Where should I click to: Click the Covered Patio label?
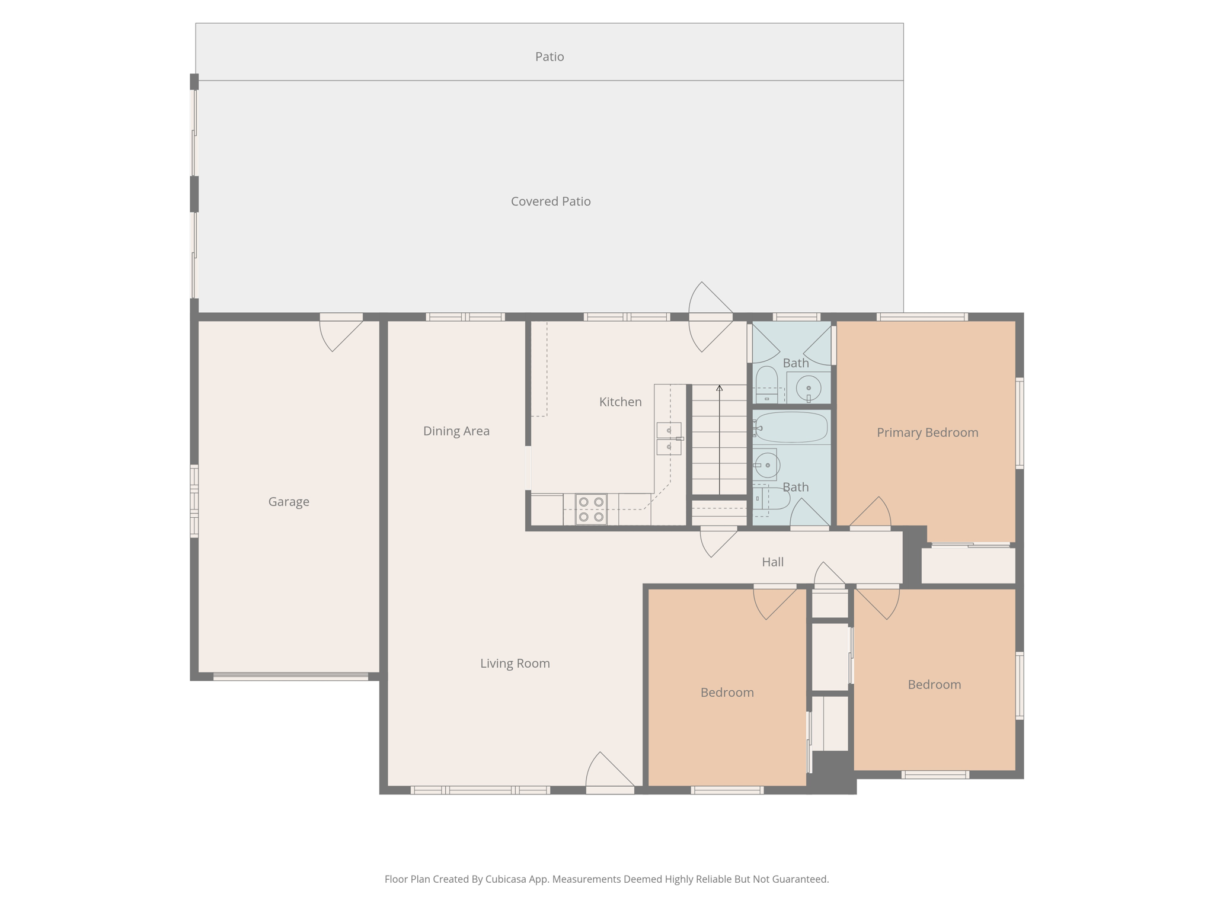point(551,201)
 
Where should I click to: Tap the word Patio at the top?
point(550,57)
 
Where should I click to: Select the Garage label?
point(289,502)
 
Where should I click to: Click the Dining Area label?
point(456,431)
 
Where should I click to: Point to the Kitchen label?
point(620,402)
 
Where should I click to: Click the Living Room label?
point(515,664)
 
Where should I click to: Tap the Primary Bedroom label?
point(927,432)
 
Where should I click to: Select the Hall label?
point(772,562)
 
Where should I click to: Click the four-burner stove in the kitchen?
point(591,510)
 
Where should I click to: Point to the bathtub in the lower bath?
point(791,428)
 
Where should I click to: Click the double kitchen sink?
point(669,438)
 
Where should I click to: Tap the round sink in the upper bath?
point(808,389)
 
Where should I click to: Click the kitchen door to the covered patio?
point(711,318)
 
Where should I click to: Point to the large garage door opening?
point(290,676)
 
